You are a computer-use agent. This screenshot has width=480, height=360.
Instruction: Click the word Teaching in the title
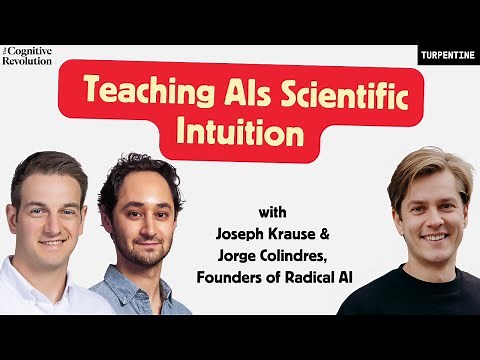139,93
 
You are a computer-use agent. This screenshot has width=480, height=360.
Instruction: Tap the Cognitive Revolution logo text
26,54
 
